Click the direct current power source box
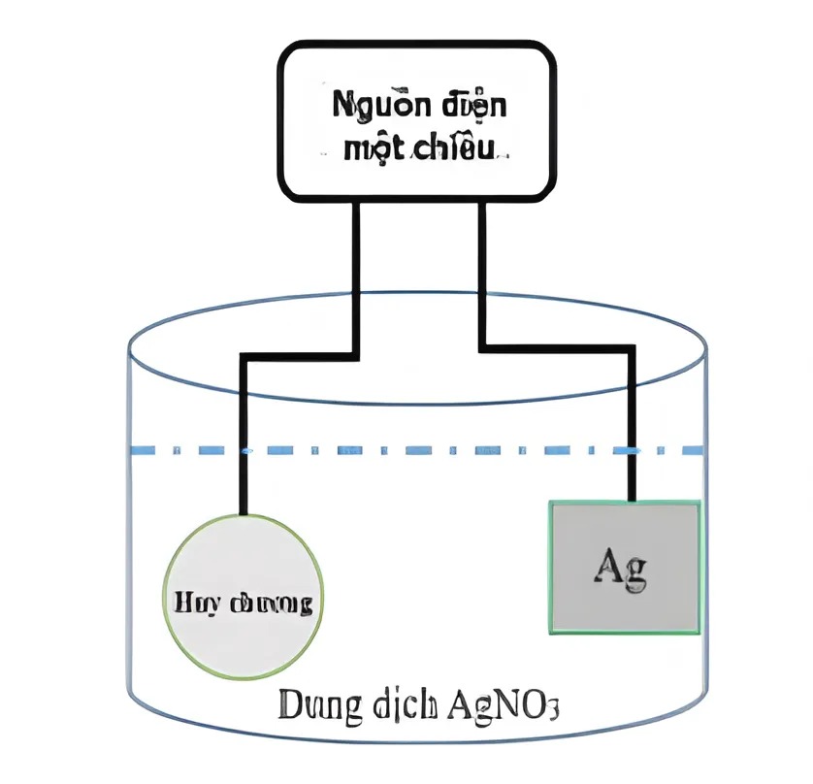coord(418,121)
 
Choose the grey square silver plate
coord(625,567)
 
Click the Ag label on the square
coord(620,567)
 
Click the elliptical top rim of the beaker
coord(417,295)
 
